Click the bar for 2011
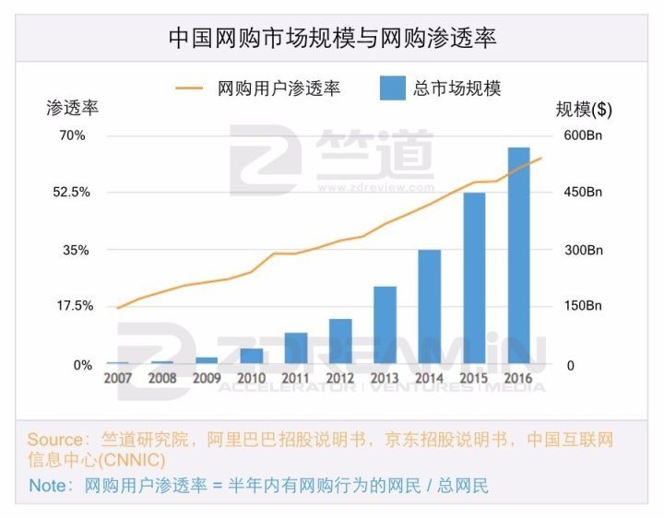pyautogui.click(x=296, y=348)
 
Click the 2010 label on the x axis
pyautogui.click(x=251, y=378)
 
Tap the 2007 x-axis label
pyautogui.click(x=117, y=378)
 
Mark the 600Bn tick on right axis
pyautogui.click(x=583, y=135)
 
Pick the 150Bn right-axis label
pyautogui.click(x=583, y=306)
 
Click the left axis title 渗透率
pyautogui.click(x=72, y=108)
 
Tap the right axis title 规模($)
pyautogui.click(x=583, y=108)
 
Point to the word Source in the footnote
pyautogui.click(x=54, y=439)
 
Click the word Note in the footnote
pyautogui.click(x=45, y=485)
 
